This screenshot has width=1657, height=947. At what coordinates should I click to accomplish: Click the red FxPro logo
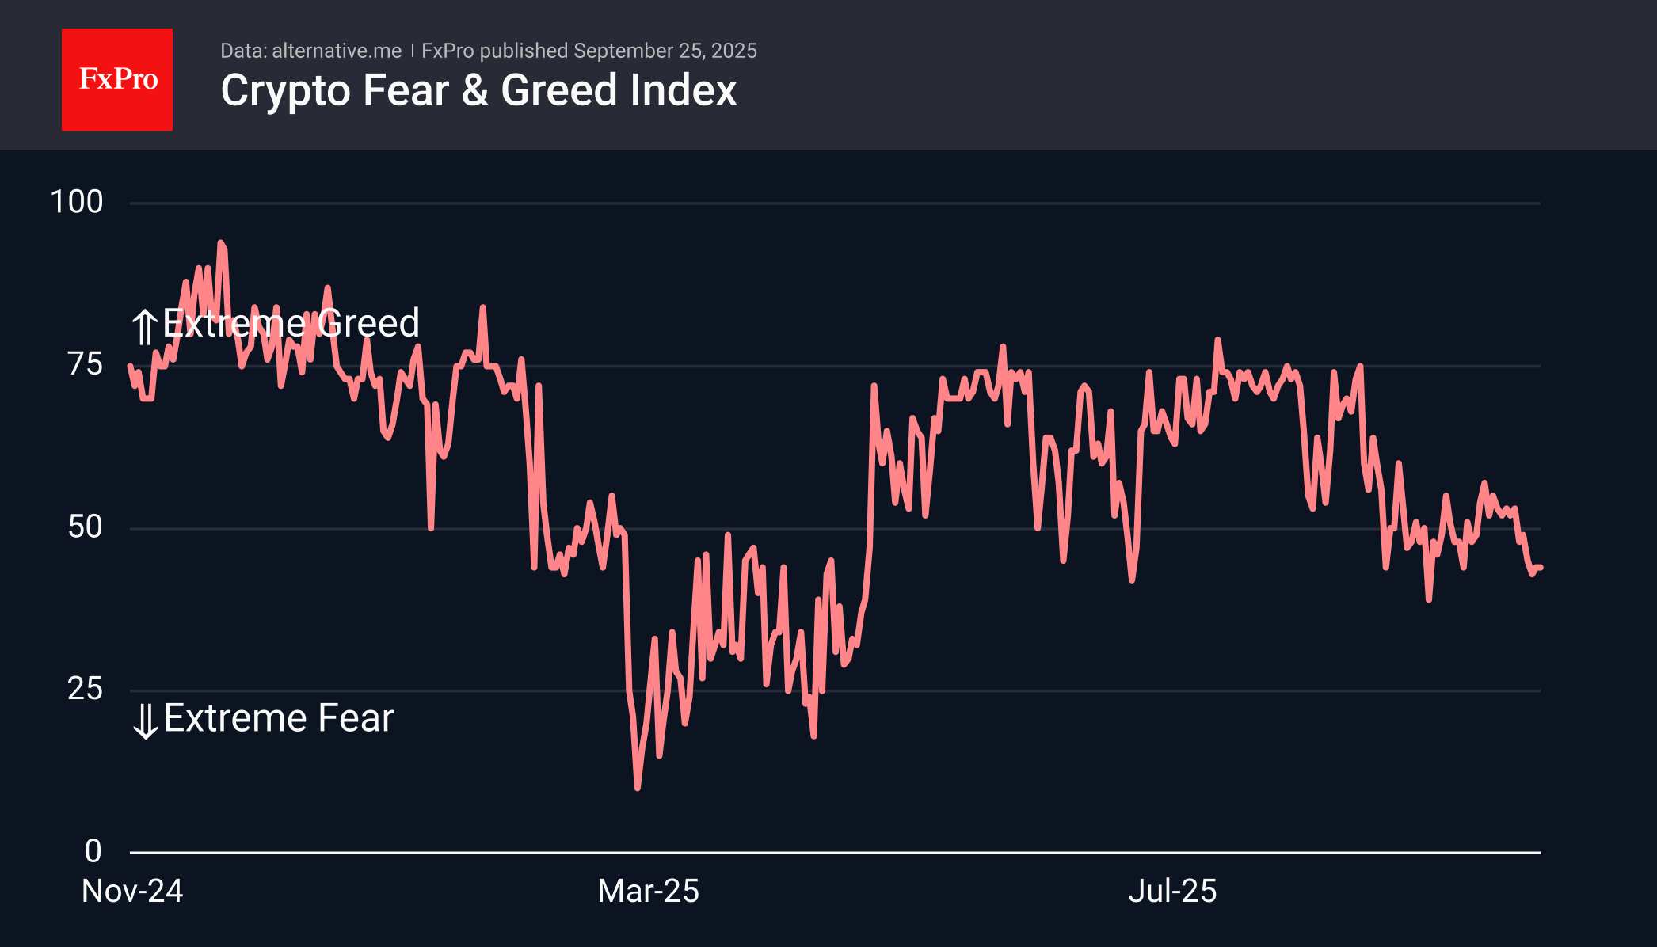tap(117, 80)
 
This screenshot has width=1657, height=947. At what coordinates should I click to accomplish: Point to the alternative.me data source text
tap(337, 51)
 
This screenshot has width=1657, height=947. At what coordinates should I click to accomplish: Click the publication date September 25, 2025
tap(665, 51)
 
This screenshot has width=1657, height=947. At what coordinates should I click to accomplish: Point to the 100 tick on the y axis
tap(77, 202)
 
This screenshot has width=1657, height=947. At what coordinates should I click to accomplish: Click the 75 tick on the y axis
tap(86, 364)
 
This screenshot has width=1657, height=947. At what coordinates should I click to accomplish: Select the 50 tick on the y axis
tap(86, 527)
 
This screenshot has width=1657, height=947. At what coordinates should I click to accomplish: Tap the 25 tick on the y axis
tap(86, 689)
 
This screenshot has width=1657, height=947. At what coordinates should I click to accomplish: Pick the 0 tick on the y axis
tap(93, 851)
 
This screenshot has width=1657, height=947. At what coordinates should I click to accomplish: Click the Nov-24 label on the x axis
tap(132, 892)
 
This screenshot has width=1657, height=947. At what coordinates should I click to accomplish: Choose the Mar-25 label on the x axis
tap(648, 892)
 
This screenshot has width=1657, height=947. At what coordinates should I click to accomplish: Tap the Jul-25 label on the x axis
tap(1172, 892)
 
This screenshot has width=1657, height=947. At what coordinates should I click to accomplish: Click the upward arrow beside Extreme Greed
tap(144, 326)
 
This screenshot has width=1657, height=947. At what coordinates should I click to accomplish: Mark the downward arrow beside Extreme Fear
tap(145, 721)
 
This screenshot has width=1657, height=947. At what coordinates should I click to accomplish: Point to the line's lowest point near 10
tap(638, 788)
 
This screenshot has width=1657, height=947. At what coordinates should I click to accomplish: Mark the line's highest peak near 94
tap(220, 243)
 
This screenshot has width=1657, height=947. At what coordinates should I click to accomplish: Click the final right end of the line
tap(1541, 567)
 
